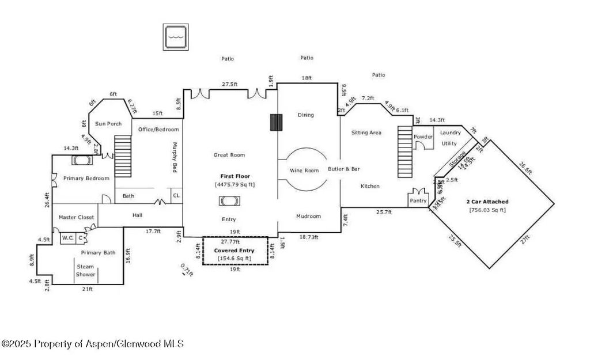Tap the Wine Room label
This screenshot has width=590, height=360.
304,170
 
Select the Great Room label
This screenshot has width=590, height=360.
229,154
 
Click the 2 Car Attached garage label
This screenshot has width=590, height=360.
487,202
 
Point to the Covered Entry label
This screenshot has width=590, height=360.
234,251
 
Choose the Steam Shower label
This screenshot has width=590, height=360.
85,270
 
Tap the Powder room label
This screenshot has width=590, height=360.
423,137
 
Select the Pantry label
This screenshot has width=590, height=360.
418,200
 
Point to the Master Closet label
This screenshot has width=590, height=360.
76,217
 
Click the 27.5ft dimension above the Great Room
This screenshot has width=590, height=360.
229,84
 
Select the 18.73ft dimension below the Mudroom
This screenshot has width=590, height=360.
308,237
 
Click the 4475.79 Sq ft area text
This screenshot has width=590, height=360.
235,184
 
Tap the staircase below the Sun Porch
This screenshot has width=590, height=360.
124,157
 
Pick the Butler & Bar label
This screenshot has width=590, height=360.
343,169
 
